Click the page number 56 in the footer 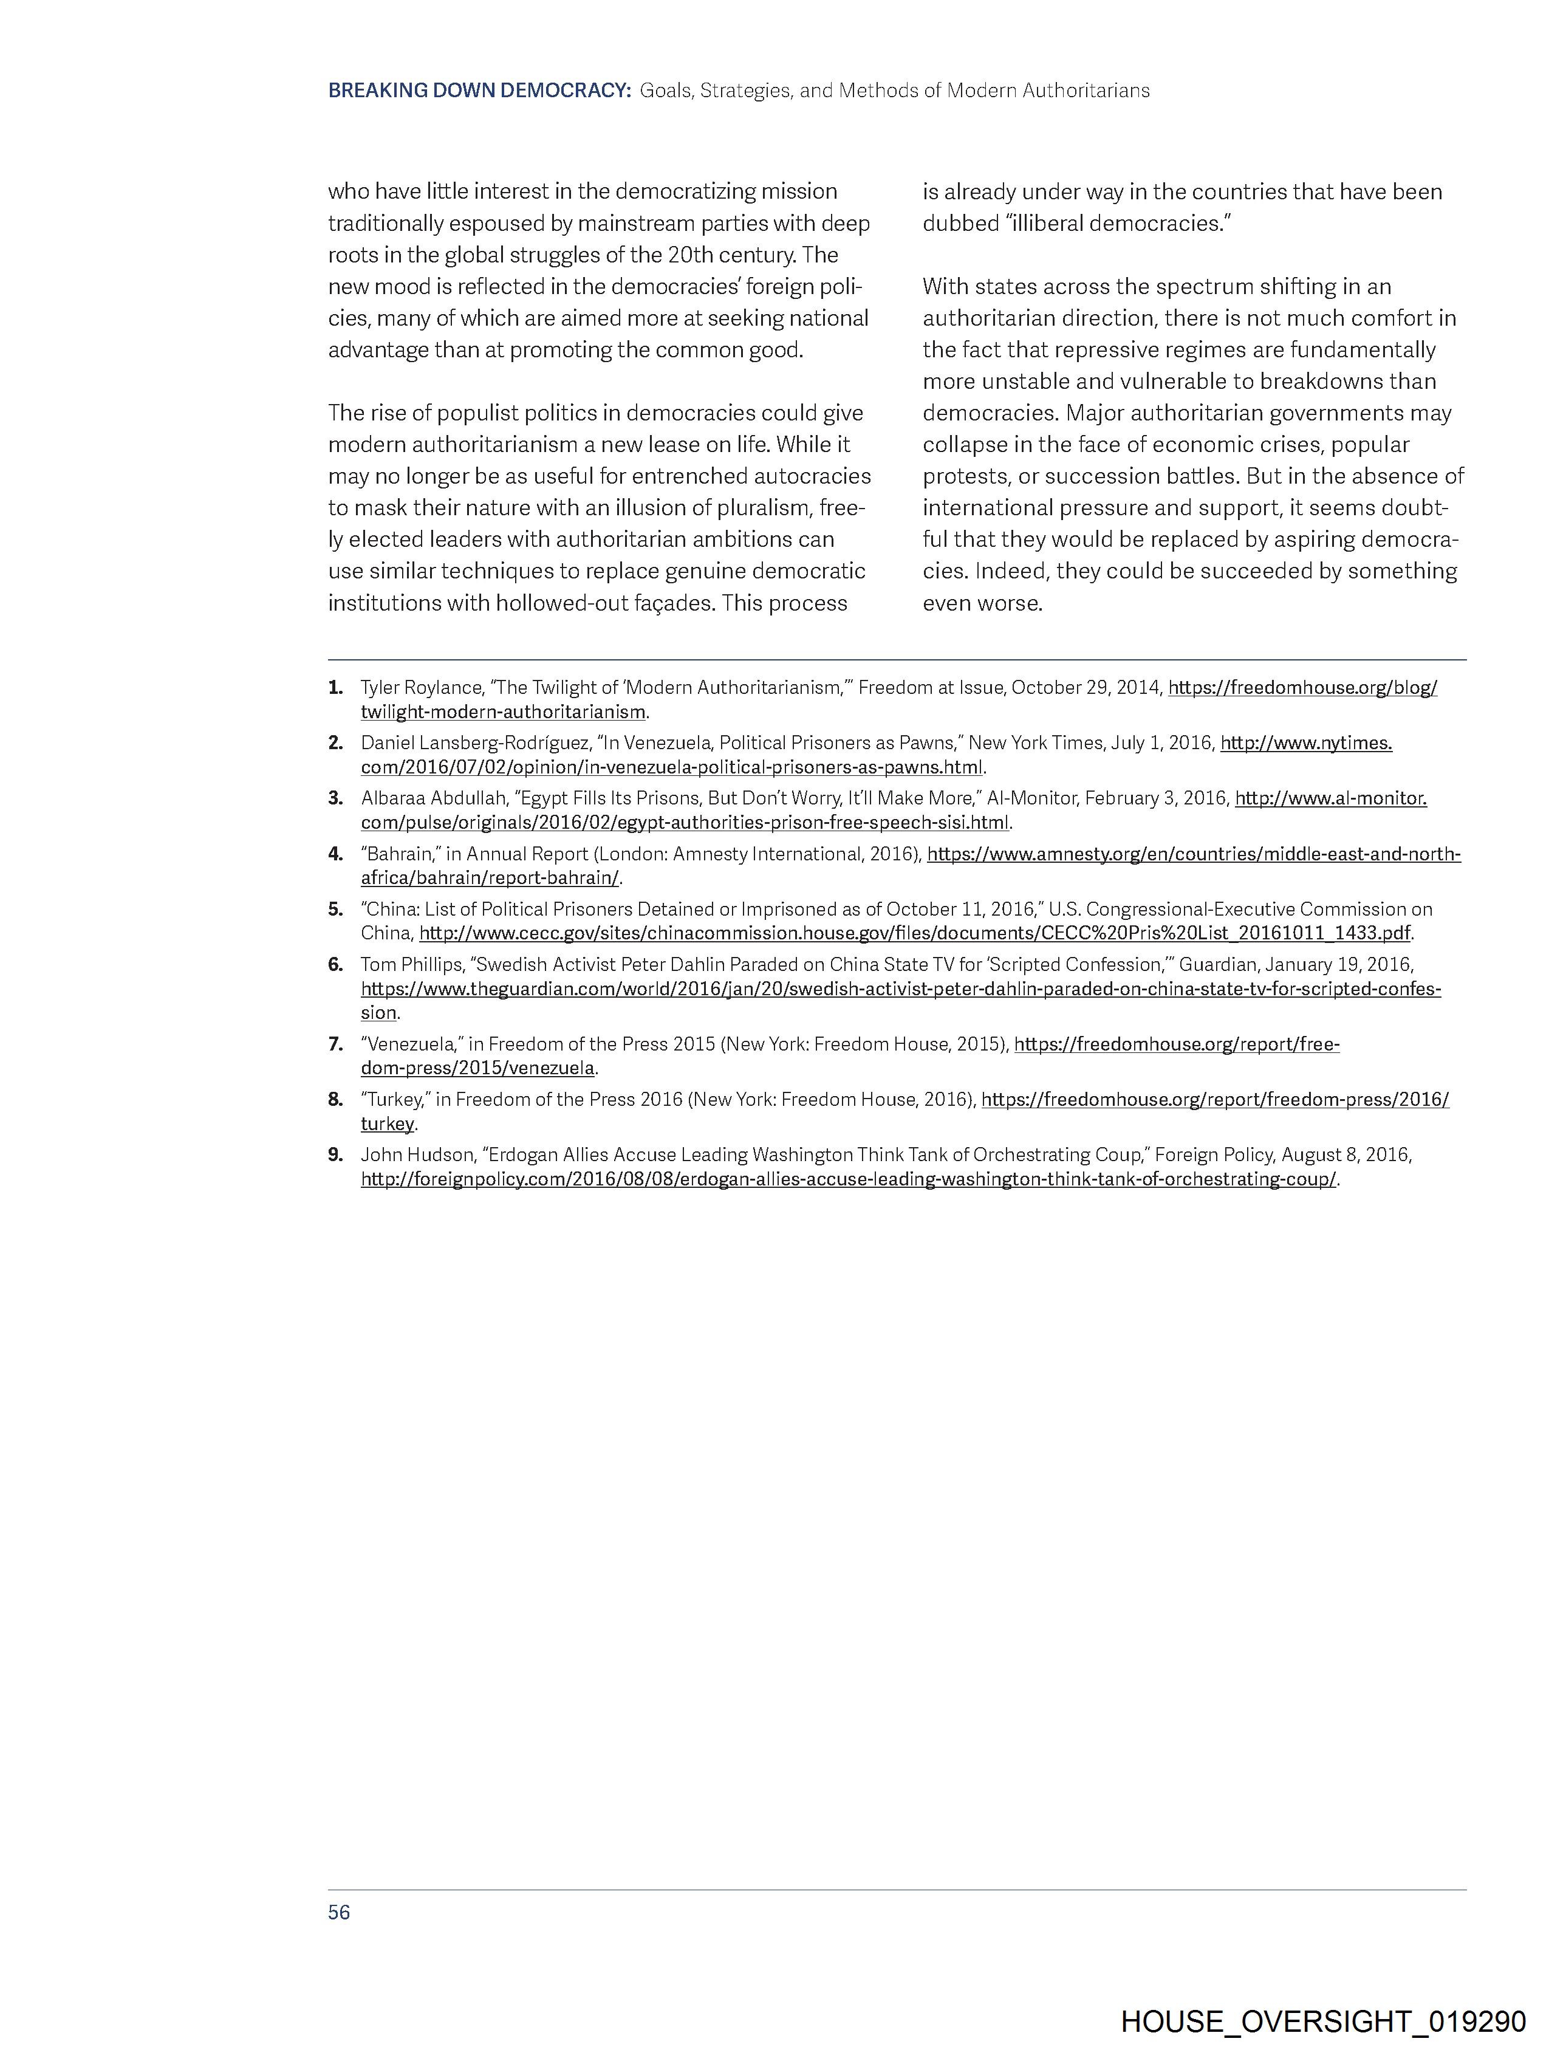click(339, 1912)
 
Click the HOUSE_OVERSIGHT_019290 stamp click(1322, 2020)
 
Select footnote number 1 click(335, 688)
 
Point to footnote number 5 click(335, 909)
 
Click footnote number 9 click(335, 1155)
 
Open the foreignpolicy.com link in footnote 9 click(847, 1180)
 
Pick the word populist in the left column click(479, 413)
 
